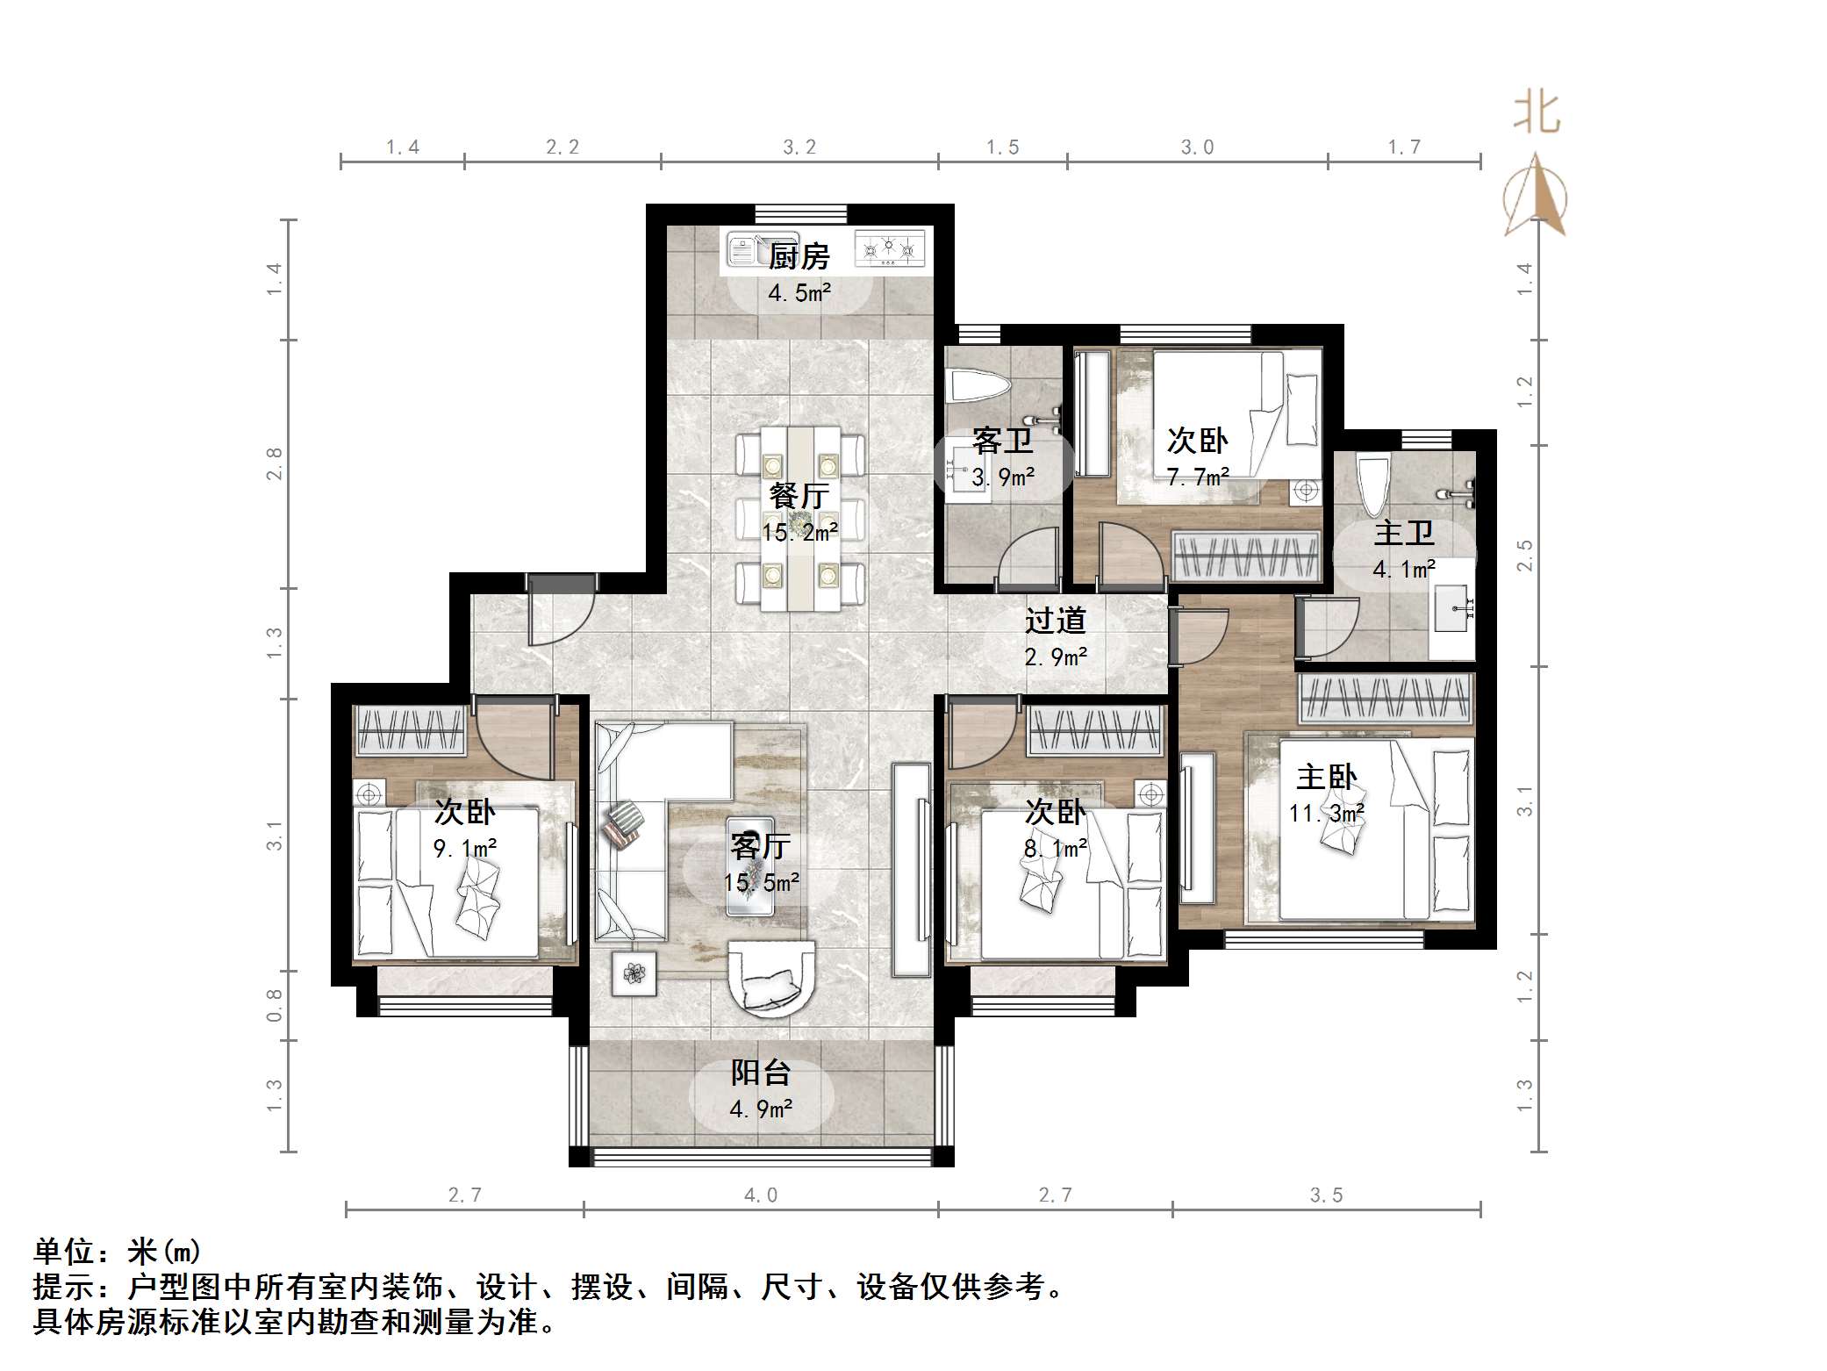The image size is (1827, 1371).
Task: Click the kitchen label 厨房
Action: click(x=799, y=257)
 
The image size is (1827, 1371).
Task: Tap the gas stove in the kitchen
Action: click(x=890, y=249)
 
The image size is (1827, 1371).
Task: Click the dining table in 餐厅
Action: click(x=799, y=518)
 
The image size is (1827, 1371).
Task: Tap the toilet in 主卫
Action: click(x=1372, y=483)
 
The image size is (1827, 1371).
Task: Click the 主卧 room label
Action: click(x=1327, y=777)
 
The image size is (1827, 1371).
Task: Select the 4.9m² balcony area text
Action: click(x=761, y=1109)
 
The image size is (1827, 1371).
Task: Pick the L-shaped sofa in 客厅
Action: click(x=649, y=790)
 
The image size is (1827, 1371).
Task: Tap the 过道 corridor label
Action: click(x=1055, y=621)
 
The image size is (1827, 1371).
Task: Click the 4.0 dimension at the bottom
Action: click(x=761, y=1195)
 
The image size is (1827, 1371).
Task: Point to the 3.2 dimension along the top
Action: click(x=799, y=147)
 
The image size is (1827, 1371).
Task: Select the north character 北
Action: click(x=1536, y=113)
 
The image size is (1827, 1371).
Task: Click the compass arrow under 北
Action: click(x=1536, y=197)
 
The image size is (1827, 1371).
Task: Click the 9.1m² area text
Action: click(x=465, y=849)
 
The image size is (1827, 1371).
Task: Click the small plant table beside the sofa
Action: click(x=634, y=973)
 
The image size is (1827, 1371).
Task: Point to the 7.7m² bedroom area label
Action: click(x=1197, y=477)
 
